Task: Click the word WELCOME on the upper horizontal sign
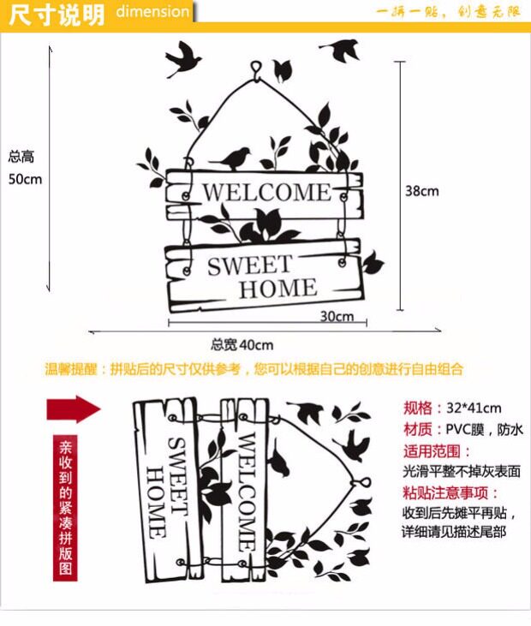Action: point(265,192)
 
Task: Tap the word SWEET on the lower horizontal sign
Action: point(249,265)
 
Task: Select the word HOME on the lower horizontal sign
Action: point(277,289)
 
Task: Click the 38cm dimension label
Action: point(421,191)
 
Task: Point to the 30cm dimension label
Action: point(337,316)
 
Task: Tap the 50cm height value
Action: point(25,179)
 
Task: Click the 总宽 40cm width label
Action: point(242,345)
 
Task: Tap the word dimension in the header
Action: point(152,12)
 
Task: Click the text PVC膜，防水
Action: point(483,429)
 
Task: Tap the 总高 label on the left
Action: point(21,157)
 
